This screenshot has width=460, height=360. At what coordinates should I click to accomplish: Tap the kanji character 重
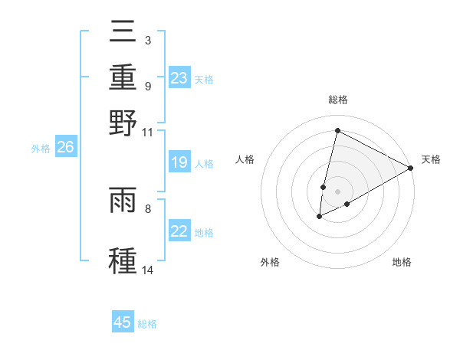coord(123,77)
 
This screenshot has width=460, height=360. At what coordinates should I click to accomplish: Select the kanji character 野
coord(123,122)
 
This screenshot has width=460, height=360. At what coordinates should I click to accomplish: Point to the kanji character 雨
coord(123,201)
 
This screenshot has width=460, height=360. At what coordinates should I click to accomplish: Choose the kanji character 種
coord(123,259)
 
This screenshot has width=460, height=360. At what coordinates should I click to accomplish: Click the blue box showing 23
coord(179,78)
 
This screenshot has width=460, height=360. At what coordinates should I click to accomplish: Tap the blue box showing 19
coord(179,162)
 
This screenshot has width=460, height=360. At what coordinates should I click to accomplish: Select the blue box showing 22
coord(179,231)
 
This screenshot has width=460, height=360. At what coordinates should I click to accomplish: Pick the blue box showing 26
coord(65,148)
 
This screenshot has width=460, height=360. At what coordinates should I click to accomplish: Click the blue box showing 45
coord(123,322)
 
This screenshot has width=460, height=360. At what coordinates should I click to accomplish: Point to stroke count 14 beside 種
coord(148,270)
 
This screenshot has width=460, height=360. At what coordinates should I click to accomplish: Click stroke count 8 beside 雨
coord(148,208)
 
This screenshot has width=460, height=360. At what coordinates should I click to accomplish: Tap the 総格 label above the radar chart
coord(338,100)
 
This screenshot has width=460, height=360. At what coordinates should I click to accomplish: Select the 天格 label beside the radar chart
coord(431,159)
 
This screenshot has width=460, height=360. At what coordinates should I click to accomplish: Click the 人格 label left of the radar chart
coord(245,159)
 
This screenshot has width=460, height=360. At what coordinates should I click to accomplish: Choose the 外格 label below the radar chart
coord(270,263)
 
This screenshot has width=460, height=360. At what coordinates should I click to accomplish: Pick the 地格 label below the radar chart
coord(402,263)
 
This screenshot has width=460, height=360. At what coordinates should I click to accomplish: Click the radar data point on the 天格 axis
coord(411,168)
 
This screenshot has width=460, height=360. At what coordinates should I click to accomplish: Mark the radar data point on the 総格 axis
coord(337,131)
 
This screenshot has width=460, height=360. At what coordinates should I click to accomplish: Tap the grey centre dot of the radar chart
coord(338,191)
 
